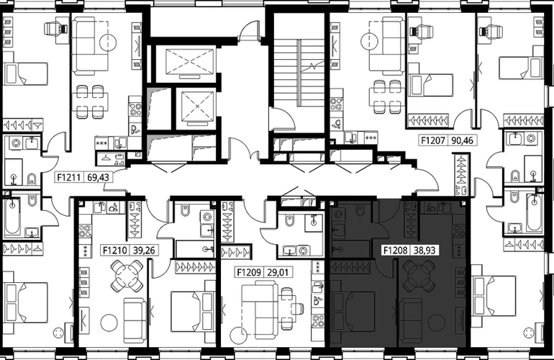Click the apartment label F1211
pyautogui.click(x=71, y=177)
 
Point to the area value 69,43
pyautogui.click(x=99, y=177)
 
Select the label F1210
pyautogui.click(x=115, y=251)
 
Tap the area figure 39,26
pyautogui.click(x=144, y=251)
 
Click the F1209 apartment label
pyautogui.click(x=249, y=273)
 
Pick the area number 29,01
pyautogui.click(x=278, y=273)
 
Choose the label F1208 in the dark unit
pyautogui.click(x=396, y=251)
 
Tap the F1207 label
pyautogui.click(x=433, y=140)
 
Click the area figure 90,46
pyautogui.click(x=462, y=140)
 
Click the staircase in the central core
pyautogui.click(x=299, y=73)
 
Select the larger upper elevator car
pyautogui.click(x=190, y=63)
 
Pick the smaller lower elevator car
pyautogui.click(x=197, y=108)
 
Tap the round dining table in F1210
pyautogui.click(x=127, y=275)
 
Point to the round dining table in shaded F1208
pyautogui.click(x=419, y=275)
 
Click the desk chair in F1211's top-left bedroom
pyautogui.click(x=55, y=28)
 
